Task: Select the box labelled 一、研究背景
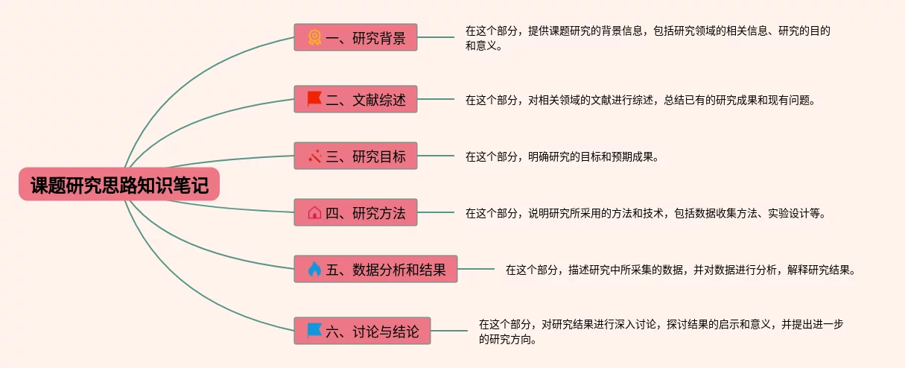pos(355,38)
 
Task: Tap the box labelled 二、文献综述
pos(355,99)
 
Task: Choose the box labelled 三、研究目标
pos(355,156)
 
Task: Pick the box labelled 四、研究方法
pos(355,212)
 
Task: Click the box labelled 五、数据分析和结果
pos(375,269)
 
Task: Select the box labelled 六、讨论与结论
pos(362,330)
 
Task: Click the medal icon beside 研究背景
pos(314,38)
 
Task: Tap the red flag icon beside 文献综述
pos(314,98)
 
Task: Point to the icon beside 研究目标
pos(314,156)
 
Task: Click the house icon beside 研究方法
pos(314,213)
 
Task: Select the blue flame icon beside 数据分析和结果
pos(314,269)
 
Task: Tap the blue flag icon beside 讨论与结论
pos(314,329)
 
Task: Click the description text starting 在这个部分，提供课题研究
pos(647,38)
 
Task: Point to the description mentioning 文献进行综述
pos(640,99)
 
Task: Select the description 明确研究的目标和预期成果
pos(562,156)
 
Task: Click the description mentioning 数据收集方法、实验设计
pos(645,213)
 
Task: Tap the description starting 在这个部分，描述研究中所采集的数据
pos(680,270)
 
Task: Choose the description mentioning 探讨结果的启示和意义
pos(661,331)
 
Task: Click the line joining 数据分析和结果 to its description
pos(476,269)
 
